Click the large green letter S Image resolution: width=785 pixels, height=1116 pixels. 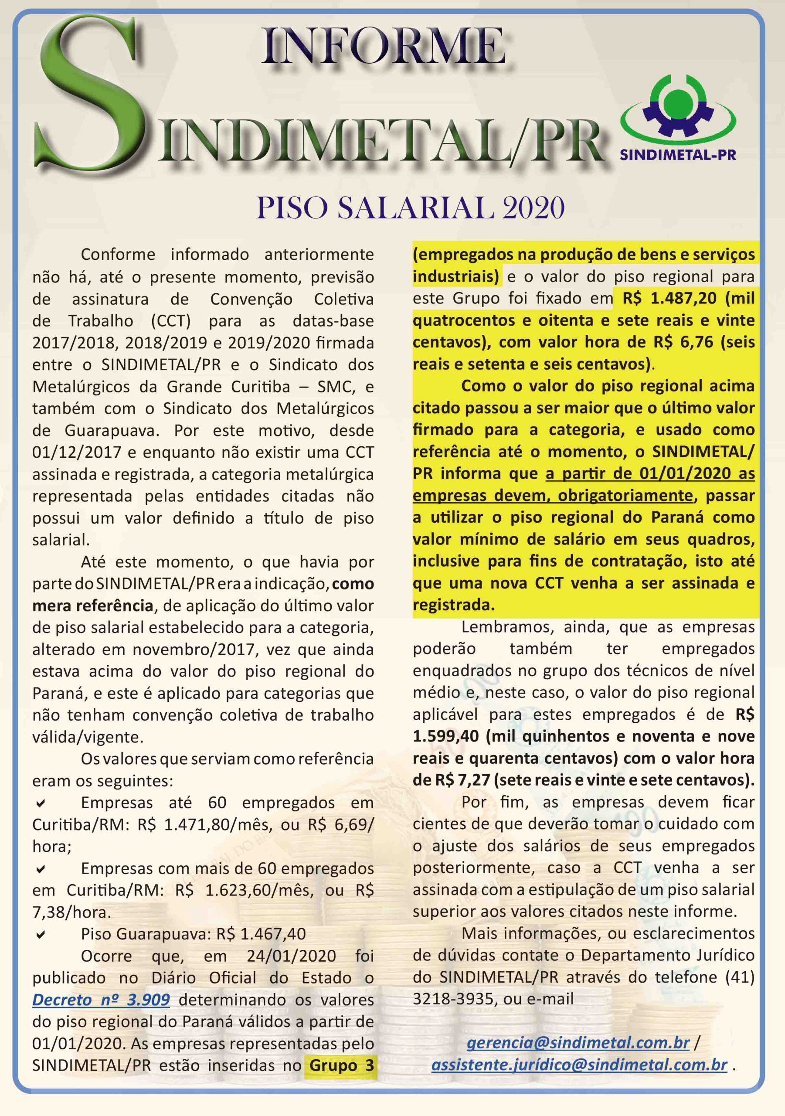point(92,97)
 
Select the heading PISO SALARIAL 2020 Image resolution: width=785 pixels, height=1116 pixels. point(410,208)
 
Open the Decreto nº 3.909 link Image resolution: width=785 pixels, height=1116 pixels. point(101,1000)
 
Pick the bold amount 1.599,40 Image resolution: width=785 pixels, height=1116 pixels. point(445,736)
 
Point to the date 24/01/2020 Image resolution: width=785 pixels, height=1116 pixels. point(291,956)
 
